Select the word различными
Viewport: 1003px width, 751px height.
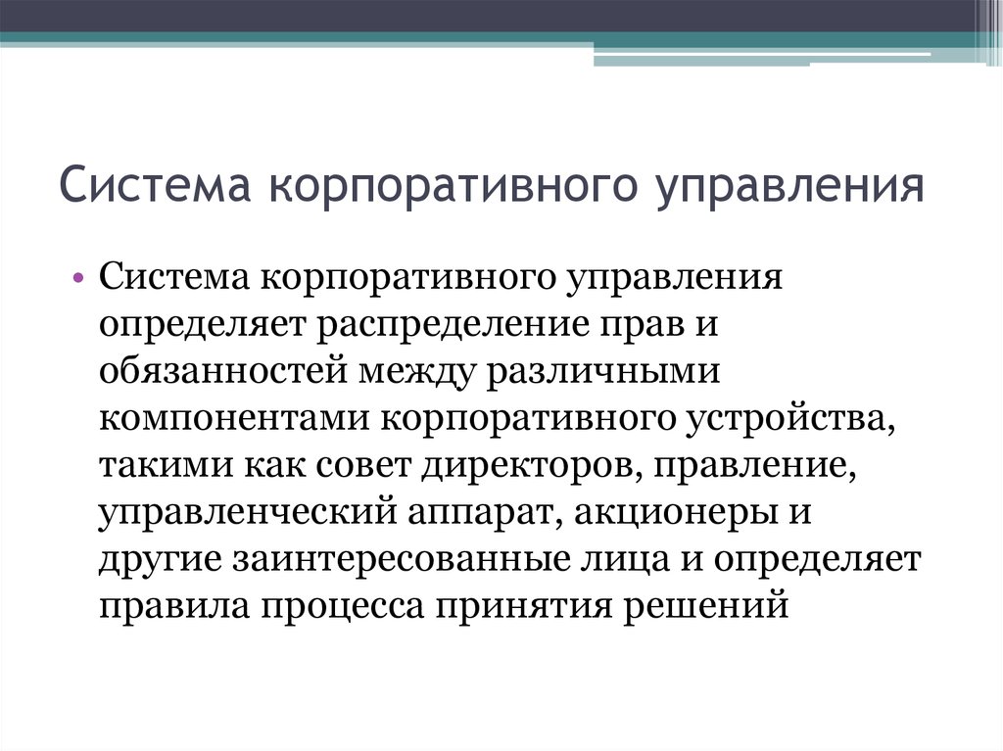[598, 372]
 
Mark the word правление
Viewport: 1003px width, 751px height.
[751, 466]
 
